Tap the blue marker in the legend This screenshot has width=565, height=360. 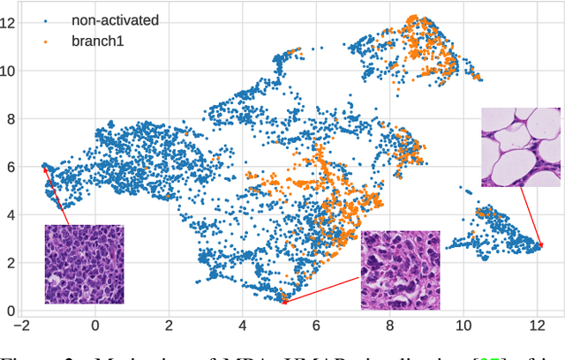(49, 18)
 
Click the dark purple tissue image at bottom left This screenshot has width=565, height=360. (84, 264)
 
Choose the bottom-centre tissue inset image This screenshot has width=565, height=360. (400, 270)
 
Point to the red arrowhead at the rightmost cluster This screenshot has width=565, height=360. (539, 246)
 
